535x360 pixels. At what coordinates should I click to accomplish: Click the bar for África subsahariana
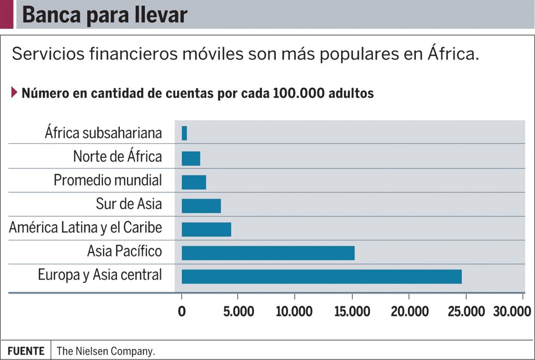click(x=184, y=133)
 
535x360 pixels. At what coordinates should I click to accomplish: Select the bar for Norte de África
click(x=191, y=158)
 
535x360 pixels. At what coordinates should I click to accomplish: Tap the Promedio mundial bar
click(x=194, y=182)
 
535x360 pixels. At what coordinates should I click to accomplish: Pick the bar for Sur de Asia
click(x=201, y=206)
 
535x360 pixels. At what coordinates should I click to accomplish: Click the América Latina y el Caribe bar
click(x=206, y=229)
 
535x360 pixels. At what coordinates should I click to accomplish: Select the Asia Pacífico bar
click(x=268, y=253)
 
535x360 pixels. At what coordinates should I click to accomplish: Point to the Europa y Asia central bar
click(x=321, y=276)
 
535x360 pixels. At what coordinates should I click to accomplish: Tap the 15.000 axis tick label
click(x=352, y=312)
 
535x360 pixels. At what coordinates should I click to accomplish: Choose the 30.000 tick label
click(x=512, y=312)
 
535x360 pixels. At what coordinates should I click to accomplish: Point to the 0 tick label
click(x=182, y=312)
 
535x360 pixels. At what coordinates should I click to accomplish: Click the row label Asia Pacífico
click(x=124, y=252)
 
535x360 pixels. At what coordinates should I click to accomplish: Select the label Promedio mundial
click(x=108, y=181)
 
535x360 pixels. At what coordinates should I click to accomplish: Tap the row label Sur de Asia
click(x=129, y=204)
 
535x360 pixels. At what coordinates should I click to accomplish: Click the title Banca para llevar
click(x=104, y=15)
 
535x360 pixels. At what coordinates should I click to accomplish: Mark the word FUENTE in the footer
click(x=26, y=351)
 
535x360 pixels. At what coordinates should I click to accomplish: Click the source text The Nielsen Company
click(x=106, y=351)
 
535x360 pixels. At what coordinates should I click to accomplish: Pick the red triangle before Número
click(x=14, y=93)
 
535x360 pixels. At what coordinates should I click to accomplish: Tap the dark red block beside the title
click(x=6, y=15)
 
